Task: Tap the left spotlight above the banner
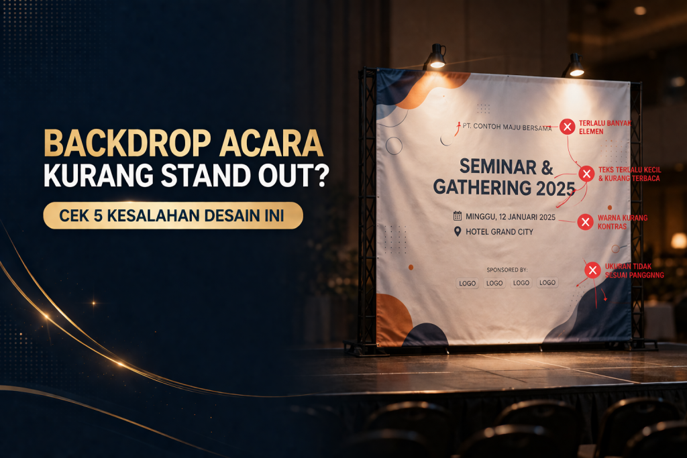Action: click(437, 58)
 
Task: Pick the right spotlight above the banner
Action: click(576, 66)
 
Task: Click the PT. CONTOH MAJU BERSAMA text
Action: click(507, 126)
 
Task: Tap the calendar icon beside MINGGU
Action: click(458, 216)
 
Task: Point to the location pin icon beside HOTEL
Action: click(458, 232)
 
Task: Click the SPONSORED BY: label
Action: click(507, 270)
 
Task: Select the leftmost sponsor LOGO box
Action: click(468, 283)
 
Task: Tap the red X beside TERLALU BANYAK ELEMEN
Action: click(568, 126)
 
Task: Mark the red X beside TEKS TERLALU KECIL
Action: click(586, 174)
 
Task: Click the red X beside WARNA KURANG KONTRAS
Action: click(585, 222)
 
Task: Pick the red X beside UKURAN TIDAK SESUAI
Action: click(592, 270)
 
